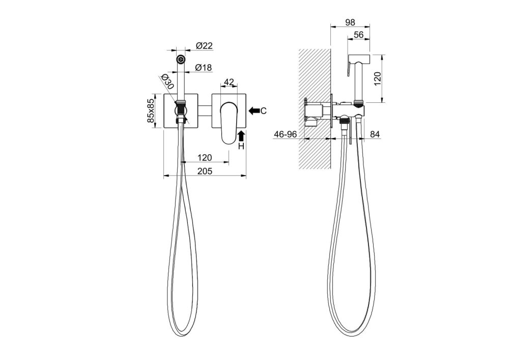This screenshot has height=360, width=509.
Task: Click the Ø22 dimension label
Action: pyautogui.click(x=204, y=46)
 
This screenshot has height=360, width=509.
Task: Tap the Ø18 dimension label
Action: pyautogui.click(x=204, y=68)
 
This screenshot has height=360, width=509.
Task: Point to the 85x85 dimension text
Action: pyautogui.click(x=151, y=110)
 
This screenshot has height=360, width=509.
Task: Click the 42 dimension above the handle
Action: pyautogui.click(x=229, y=82)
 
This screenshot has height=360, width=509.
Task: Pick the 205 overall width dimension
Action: pyautogui.click(x=205, y=171)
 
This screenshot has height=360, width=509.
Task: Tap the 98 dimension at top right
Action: pyautogui.click(x=350, y=22)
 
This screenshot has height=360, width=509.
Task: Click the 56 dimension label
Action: pyautogui.click(x=358, y=35)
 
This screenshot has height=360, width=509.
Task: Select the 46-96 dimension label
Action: pyautogui.click(x=286, y=134)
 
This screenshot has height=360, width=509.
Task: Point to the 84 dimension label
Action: pyautogui.click(x=375, y=134)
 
